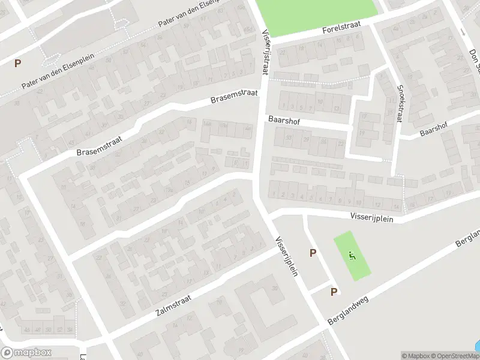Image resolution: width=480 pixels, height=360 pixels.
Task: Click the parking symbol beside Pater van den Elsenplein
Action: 17,63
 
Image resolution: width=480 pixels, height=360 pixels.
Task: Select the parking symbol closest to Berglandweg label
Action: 334,292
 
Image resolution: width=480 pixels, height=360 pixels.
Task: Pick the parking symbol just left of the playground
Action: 313,253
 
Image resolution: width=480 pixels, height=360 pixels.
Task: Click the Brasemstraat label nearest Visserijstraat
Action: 233,96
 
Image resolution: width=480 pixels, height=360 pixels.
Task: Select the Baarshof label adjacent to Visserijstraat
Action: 283,121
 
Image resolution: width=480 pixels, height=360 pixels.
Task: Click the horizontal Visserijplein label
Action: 372,219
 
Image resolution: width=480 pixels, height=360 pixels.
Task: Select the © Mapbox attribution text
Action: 416,356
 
